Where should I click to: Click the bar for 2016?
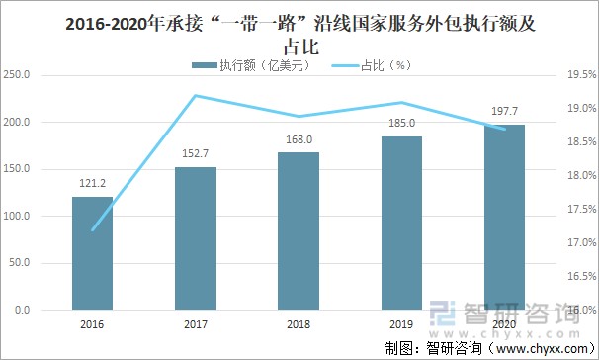92,253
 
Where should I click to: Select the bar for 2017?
196,238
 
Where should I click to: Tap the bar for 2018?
299,231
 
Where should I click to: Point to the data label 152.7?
196,155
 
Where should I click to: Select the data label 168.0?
299,140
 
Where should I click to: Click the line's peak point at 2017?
196,96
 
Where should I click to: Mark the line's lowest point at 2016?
92,230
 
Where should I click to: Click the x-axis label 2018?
299,323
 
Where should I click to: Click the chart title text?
299,33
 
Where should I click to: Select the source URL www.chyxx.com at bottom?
534,348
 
